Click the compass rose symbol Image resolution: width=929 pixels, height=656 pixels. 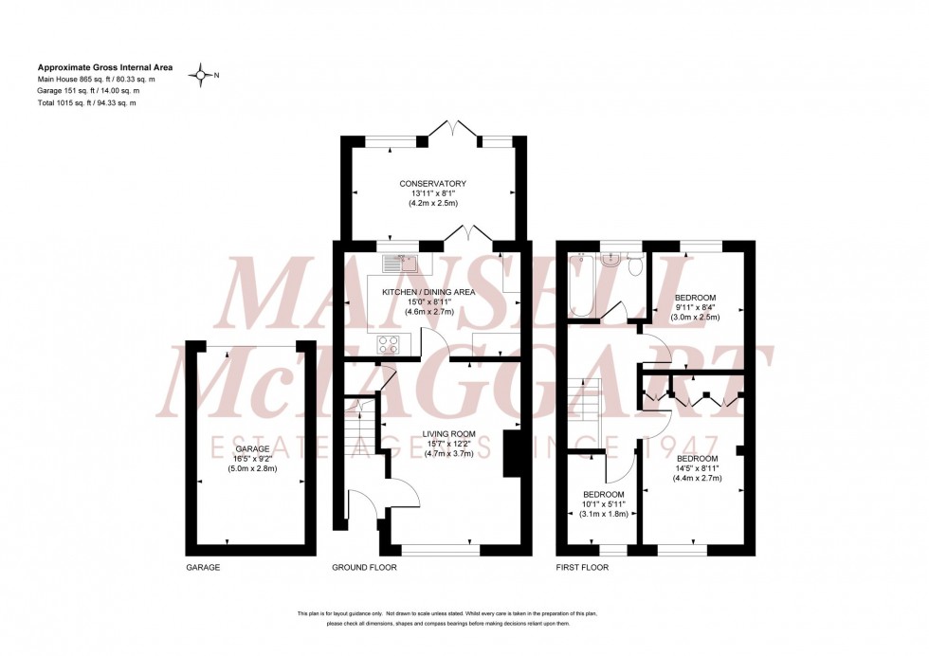[x=201, y=74]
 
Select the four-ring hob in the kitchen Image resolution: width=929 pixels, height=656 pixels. [x=388, y=344]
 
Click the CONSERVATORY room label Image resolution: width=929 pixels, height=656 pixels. [x=432, y=183]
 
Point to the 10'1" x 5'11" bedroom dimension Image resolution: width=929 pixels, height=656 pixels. [x=604, y=504]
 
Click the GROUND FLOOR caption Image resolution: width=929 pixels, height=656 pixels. [x=364, y=568]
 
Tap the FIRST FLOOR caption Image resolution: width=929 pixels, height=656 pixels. [x=582, y=568]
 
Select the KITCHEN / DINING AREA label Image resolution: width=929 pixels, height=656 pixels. [x=428, y=292]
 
